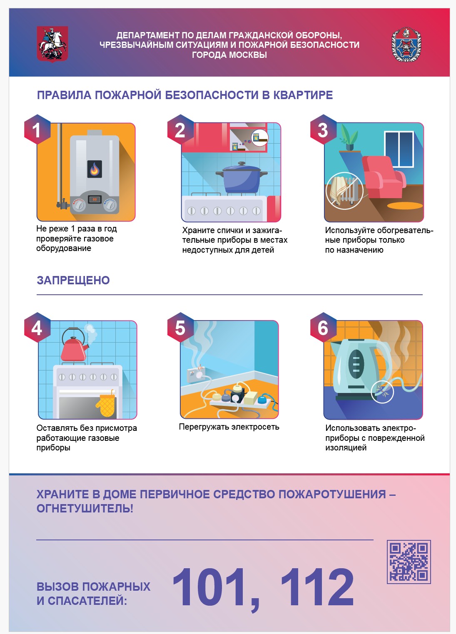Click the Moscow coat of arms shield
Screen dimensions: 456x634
[52, 44]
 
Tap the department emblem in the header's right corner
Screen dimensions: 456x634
[406, 44]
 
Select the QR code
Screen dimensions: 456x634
[409, 562]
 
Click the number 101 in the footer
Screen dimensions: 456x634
[209, 587]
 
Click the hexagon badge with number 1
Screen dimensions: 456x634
[37, 129]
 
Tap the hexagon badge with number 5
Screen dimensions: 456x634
[180, 328]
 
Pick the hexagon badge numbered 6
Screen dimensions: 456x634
[323, 328]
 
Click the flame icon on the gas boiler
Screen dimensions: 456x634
[95, 169]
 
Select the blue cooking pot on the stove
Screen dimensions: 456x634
[242, 177]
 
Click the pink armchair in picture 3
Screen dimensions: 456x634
[384, 177]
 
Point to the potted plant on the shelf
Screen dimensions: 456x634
[349, 138]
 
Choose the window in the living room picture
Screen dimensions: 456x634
[399, 149]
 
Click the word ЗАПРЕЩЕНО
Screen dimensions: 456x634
[73, 280]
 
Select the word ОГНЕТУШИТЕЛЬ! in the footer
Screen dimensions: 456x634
[85, 509]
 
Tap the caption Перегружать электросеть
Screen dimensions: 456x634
[229, 427]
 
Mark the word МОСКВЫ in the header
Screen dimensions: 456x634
[248, 55]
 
